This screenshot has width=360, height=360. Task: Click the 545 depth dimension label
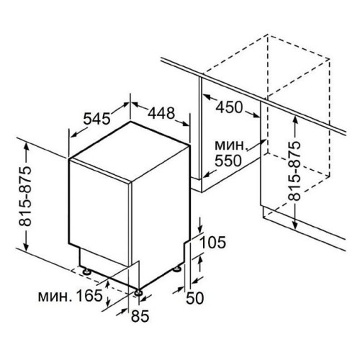[x=96, y=118]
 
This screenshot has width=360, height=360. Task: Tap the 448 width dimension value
[x=161, y=113]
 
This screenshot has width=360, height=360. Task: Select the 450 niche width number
[x=229, y=107]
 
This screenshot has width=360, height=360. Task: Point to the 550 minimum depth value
[x=228, y=161]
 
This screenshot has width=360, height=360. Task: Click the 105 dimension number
[x=212, y=242]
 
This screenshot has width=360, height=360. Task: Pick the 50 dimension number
[x=195, y=298]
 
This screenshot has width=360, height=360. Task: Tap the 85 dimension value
[x=140, y=316]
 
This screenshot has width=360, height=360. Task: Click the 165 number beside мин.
[x=89, y=296]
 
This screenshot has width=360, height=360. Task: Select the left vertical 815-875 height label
[x=25, y=196]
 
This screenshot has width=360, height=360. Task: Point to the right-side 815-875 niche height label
[x=294, y=171]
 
